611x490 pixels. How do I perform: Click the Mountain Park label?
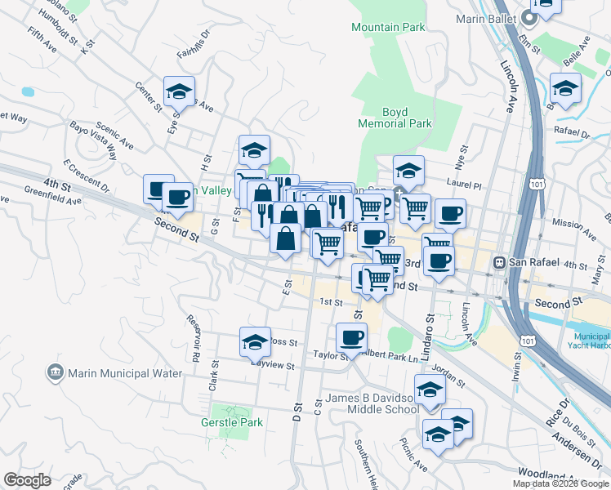pyautogui.click(x=388, y=27)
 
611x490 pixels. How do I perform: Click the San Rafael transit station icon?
pyautogui.click(x=499, y=263)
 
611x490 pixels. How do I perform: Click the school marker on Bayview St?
pyautogui.click(x=255, y=342)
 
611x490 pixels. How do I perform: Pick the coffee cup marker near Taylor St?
pyautogui.click(x=351, y=336)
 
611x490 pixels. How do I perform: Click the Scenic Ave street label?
pyautogui.click(x=114, y=136)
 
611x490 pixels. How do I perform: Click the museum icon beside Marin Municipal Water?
pyautogui.click(x=56, y=373)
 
